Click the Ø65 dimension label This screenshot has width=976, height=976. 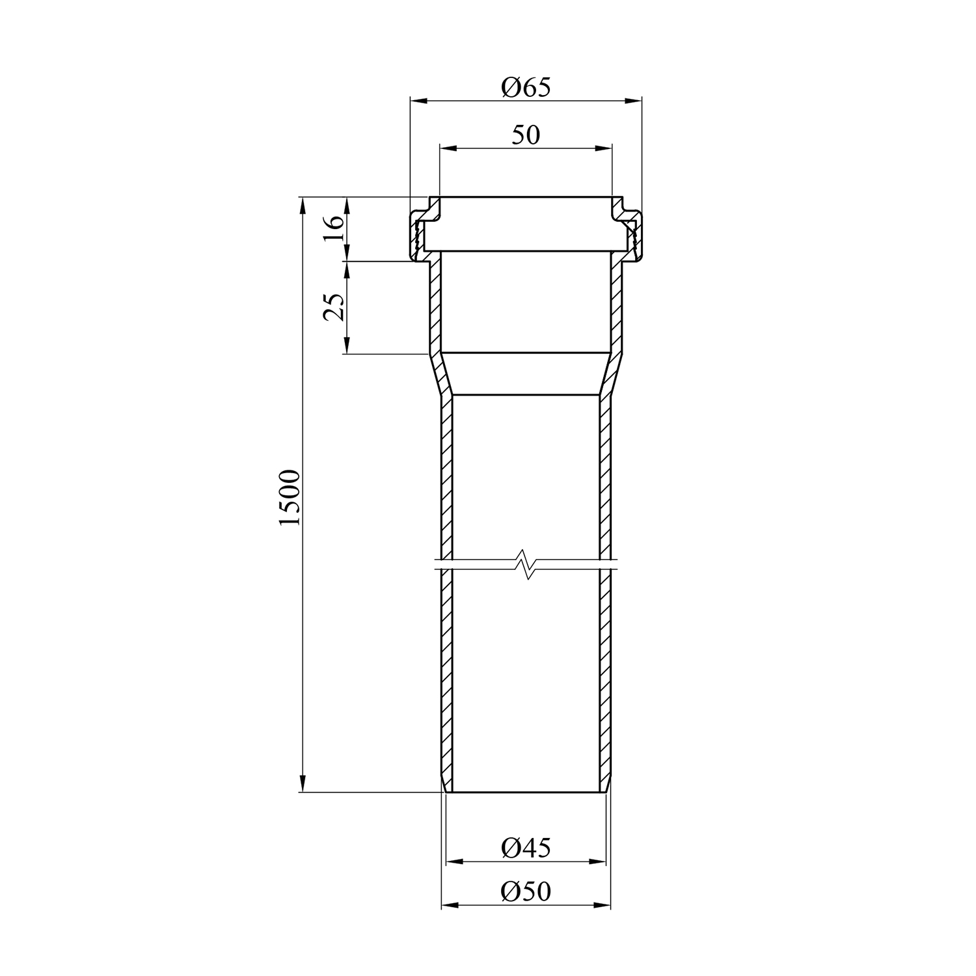(x=526, y=87)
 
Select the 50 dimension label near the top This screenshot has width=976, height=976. (x=526, y=135)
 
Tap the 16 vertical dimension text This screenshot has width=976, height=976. (x=333, y=229)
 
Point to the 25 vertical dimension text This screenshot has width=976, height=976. (x=333, y=307)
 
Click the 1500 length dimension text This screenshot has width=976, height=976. (x=290, y=497)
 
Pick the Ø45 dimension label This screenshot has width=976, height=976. (x=526, y=847)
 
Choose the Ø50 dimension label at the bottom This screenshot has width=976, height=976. (x=526, y=891)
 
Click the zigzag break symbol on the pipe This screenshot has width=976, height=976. (x=526, y=564)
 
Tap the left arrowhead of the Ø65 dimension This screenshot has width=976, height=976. (x=418, y=100)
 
